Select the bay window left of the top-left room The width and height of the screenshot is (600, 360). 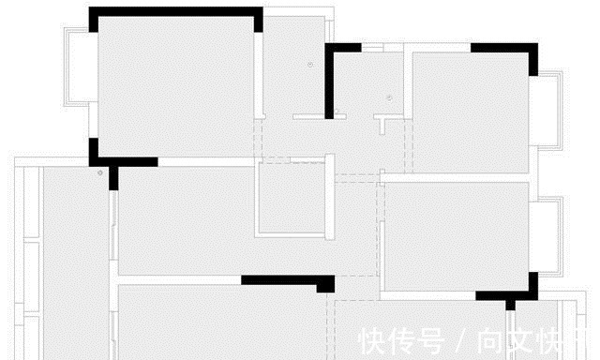[x=76, y=69]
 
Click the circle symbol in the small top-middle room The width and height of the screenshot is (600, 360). [x=387, y=97]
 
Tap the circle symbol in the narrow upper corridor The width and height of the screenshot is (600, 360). [x=308, y=64]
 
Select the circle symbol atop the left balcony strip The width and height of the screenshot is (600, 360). [x=99, y=173]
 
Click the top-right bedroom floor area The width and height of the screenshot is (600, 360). [x=469, y=112]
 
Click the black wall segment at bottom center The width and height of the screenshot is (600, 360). [x=286, y=279]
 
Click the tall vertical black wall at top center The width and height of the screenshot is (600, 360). [x=331, y=82]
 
